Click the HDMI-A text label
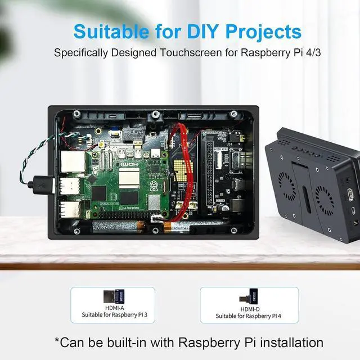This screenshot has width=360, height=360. click(x=112, y=308)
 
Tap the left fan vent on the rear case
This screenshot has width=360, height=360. click(x=287, y=186)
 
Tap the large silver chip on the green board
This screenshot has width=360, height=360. click(x=129, y=179)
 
